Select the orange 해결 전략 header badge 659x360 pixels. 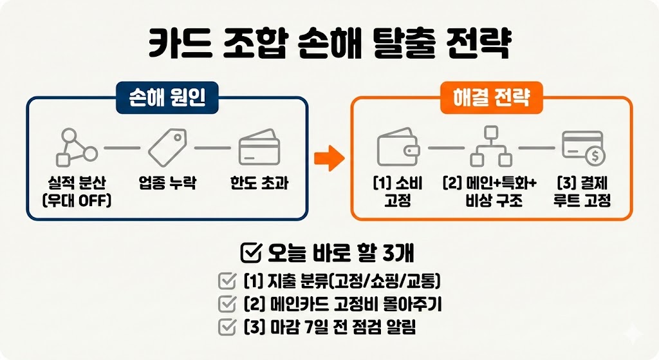(x=491, y=99)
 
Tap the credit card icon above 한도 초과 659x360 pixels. (x=259, y=148)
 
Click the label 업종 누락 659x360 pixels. (x=167, y=183)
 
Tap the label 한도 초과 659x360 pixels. (x=259, y=183)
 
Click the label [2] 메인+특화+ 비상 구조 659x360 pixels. (x=490, y=191)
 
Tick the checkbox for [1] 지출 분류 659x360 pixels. (x=227, y=281)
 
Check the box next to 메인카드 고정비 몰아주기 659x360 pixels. (x=227, y=304)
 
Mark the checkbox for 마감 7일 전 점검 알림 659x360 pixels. (x=227, y=327)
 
